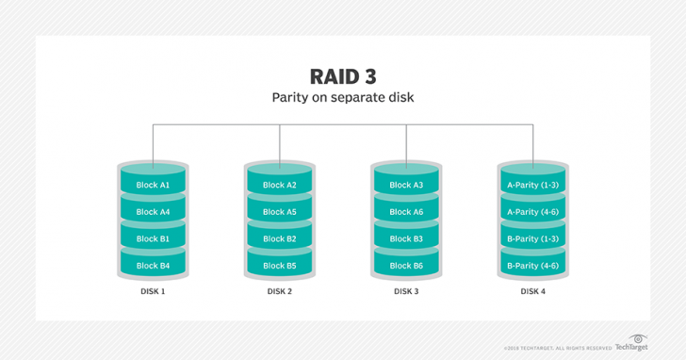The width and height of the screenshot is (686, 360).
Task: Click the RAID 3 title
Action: click(x=343, y=75)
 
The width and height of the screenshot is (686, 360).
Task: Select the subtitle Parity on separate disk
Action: click(x=343, y=98)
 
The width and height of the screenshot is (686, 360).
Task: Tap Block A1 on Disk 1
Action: click(x=153, y=185)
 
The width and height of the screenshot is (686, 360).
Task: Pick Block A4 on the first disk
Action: click(x=153, y=212)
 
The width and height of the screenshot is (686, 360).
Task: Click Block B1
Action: click(x=153, y=238)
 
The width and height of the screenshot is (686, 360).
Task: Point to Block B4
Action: click(x=153, y=266)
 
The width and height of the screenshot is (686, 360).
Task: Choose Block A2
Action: click(x=280, y=185)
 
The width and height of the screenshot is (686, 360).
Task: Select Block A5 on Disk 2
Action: click(x=280, y=212)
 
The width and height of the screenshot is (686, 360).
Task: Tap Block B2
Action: click(x=280, y=238)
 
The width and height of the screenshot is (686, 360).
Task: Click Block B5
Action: click(x=280, y=266)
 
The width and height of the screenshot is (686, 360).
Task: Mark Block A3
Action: click(x=406, y=185)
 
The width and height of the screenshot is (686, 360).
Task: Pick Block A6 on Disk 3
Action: click(x=406, y=212)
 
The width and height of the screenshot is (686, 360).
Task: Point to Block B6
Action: click(x=406, y=266)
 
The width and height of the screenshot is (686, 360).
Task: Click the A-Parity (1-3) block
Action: click(x=533, y=185)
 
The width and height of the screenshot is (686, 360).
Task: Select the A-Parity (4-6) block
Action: click(x=533, y=212)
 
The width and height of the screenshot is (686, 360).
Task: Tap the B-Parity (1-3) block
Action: click(x=533, y=238)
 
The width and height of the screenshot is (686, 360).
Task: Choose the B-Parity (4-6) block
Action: click(x=533, y=266)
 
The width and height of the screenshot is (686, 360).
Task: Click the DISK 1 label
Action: click(x=153, y=291)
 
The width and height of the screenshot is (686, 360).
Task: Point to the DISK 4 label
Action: click(x=533, y=291)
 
